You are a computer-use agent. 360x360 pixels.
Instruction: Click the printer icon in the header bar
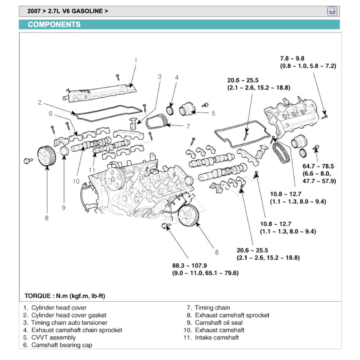click(332, 11)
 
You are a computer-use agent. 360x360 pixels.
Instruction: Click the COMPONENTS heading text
click(54, 24)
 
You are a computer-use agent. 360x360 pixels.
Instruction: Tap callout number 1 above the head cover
click(136, 60)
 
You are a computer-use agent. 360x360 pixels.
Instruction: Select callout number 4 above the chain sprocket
click(176, 78)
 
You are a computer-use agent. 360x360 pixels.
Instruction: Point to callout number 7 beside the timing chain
click(188, 126)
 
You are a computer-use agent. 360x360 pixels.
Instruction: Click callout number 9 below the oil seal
click(64, 208)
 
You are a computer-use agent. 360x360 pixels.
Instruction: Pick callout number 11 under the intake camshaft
click(92, 169)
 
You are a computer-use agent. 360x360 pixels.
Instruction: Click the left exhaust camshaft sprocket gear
click(47, 156)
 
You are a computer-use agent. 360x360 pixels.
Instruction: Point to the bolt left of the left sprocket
click(27, 160)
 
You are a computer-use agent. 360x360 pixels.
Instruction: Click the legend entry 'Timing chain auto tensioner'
click(69, 323)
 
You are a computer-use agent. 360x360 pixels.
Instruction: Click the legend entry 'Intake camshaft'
click(216, 338)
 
